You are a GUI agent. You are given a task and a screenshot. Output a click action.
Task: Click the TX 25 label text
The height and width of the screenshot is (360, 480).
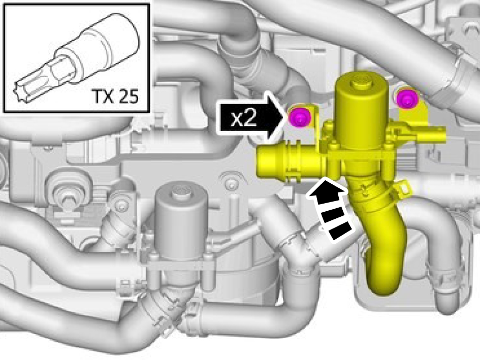click(115, 96)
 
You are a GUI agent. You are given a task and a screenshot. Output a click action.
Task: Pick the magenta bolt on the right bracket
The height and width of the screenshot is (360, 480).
click(405, 98)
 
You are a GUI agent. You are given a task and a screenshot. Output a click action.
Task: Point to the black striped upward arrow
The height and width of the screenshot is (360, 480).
click(331, 208)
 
